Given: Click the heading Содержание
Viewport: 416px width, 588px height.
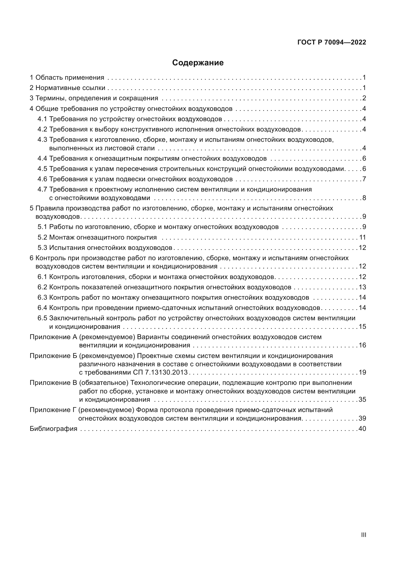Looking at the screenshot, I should (x=198, y=63).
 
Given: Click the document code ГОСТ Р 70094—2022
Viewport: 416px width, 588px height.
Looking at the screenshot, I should (x=332, y=42).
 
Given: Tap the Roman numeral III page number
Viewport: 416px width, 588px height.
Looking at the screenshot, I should (x=363, y=535).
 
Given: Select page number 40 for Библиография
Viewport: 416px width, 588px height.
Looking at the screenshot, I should (x=362, y=429).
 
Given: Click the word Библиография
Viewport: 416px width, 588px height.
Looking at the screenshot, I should (x=53, y=429).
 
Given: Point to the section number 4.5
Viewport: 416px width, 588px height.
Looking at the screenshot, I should (x=42, y=169).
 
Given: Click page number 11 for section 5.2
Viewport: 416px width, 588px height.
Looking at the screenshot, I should (x=362, y=237).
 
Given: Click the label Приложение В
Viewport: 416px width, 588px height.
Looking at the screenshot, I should (x=53, y=383).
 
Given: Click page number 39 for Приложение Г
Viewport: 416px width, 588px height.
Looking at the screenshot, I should (x=362, y=419).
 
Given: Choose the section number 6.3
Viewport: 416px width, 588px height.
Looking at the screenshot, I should (x=42, y=298).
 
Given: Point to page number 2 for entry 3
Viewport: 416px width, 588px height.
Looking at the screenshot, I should (x=364, y=98).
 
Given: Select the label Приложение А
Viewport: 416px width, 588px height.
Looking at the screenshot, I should (x=53, y=337).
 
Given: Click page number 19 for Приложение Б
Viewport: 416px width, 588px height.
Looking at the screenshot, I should (x=362, y=372).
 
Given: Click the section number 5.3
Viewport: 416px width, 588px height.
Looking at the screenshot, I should (x=42, y=248).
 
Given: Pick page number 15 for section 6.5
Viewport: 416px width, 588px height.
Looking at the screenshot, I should (x=362, y=327).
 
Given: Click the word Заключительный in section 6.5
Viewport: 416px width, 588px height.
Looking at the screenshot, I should (x=77, y=318).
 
